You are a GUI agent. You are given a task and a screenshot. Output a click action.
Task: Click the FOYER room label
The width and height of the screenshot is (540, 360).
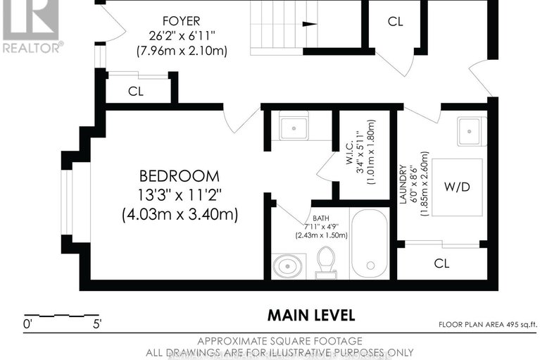click(x=181, y=21)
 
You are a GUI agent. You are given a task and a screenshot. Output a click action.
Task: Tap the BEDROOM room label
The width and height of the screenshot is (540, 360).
click(x=180, y=176)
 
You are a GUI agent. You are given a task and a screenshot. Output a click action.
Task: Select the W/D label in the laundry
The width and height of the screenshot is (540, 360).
click(x=457, y=187)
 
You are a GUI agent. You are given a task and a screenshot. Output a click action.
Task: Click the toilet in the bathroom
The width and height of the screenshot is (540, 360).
click(x=326, y=263)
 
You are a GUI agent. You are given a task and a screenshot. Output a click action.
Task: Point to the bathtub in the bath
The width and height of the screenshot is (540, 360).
click(x=370, y=244)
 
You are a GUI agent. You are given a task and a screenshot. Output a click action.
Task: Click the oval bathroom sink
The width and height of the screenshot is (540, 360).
click(x=288, y=266)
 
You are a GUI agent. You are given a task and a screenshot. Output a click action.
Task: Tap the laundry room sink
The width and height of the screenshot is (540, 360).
click(x=470, y=131)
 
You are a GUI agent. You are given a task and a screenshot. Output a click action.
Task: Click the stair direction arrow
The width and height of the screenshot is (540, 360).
click(x=310, y=24)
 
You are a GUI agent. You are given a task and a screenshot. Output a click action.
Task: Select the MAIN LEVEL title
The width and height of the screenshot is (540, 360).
click(x=311, y=315)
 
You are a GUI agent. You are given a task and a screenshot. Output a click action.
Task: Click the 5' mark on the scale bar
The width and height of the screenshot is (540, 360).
click(x=97, y=324)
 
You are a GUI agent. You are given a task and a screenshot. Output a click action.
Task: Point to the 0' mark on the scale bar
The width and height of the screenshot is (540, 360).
click(x=27, y=324)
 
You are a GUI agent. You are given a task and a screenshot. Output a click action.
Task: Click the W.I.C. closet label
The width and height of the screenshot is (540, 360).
click(x=350, y=152)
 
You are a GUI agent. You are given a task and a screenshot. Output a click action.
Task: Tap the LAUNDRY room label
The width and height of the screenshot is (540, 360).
click(x=403, y=185)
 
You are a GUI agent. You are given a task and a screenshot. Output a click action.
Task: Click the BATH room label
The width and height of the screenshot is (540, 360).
click(x=320, y=218)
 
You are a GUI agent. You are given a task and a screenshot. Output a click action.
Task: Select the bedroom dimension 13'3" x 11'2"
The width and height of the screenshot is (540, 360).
click(x=179, y=196)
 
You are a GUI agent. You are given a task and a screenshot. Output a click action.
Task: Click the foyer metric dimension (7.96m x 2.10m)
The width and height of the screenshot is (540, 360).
click(x=182, y=51)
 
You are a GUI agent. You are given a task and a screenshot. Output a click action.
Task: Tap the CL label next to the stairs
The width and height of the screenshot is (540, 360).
click(x=395, y=22)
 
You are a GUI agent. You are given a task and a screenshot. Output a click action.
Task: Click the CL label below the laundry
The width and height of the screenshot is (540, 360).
click(x=441, y=263)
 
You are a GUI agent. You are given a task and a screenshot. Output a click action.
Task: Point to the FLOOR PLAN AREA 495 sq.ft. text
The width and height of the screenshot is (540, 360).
click(x=488, y=325)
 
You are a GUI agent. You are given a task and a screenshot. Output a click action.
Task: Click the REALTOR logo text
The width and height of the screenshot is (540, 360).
click(x=33, y=47)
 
